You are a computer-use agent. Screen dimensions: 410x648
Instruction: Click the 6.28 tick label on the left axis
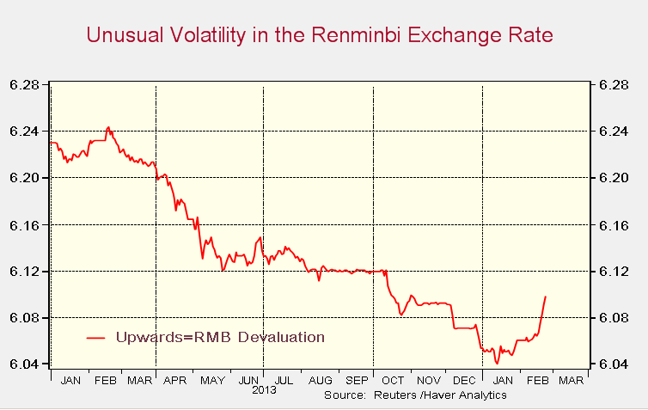[26, 84]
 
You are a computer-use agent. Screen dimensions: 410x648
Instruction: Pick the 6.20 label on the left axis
[26, 178]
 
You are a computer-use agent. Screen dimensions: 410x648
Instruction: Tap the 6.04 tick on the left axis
[26, 364]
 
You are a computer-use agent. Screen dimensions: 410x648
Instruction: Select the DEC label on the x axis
[463, 380]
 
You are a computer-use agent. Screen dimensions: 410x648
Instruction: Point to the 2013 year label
[264, 391]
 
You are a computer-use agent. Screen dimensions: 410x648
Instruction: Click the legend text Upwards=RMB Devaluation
[220, 337]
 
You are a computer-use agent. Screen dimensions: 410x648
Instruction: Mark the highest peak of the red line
[108, 127]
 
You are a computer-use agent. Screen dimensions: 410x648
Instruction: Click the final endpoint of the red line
[546, 297]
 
